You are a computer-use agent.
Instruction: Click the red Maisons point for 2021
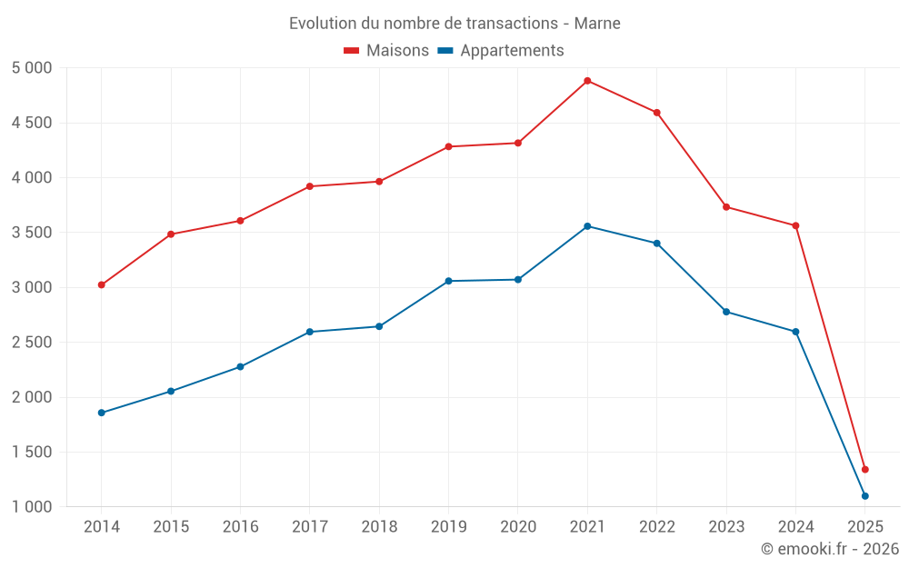tap(587, 81)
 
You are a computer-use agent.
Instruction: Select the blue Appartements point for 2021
tap(587, 226)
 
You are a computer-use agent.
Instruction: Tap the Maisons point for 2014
tap(102, 285)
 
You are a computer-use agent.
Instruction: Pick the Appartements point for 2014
tap(102, 413)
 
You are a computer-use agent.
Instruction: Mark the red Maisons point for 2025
tap(865, 470)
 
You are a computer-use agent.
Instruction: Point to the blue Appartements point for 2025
tap(865, 496)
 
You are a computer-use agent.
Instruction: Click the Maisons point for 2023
tap(726, 207)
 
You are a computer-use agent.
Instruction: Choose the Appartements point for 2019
tap(449, 281)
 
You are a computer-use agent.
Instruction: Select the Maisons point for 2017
tap(310, 186)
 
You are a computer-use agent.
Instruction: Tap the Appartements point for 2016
tap(240, 367)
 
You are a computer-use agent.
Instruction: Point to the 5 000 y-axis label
tap(33, 68)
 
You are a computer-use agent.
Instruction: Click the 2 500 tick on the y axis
tap(33, 343)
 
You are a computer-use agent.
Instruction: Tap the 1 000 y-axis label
tap(33, 507)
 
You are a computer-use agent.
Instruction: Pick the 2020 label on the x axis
tap(518, 527)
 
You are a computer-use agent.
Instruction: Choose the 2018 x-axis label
tap(379, 527)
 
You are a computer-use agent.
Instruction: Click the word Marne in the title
tap(597, 24)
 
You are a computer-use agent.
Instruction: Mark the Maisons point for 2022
tap(656, 113)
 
